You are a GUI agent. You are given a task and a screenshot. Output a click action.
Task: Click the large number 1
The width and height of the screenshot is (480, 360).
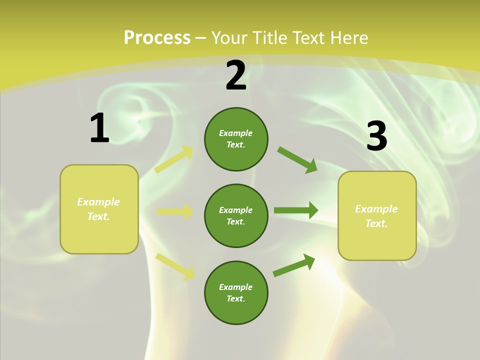(99, 128)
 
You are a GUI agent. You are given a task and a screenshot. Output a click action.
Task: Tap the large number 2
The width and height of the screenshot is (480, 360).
(236, 75)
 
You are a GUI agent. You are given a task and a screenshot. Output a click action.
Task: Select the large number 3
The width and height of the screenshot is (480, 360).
(376, 136)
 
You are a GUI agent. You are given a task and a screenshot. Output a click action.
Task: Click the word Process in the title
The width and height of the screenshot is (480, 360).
(157, 37)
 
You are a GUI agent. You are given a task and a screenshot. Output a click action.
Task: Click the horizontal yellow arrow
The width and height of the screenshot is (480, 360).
(175, 211)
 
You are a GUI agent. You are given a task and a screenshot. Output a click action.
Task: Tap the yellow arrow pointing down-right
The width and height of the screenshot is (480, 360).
(175, 266)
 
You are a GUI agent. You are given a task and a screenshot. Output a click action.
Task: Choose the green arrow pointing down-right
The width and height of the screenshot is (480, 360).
(297, 159)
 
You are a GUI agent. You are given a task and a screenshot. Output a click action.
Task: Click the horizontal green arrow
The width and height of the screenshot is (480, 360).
(295, 210)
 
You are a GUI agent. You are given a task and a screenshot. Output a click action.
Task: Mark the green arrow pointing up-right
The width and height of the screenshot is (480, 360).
(294, 265)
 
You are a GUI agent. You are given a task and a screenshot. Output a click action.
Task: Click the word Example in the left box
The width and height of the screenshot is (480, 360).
(98, 202)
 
